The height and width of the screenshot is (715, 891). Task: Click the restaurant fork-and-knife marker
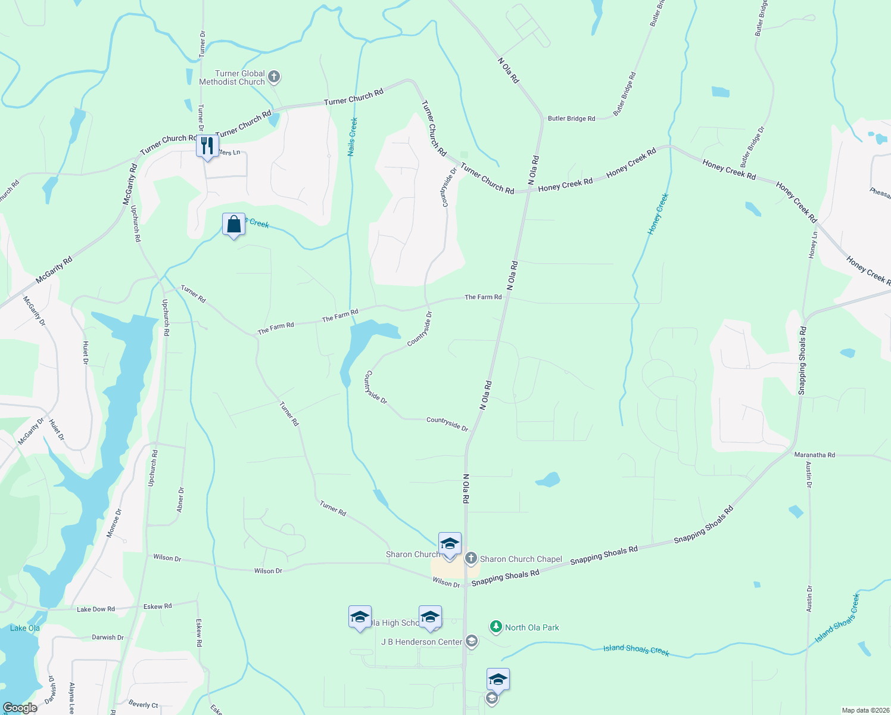pyautogui.click(x=207, y=146)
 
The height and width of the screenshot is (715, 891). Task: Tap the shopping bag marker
pyautogui.click(x=234, y=225)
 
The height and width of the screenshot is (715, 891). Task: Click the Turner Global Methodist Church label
pyautogui.click(x=232, y=77)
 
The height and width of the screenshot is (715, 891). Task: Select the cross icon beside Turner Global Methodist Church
pyautogui.click(x=274, y=76)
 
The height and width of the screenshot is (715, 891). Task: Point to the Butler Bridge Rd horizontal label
pyautogui.click(x=571, y=119)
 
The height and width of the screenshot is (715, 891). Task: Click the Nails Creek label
pyautogui.click(x=353, y=137)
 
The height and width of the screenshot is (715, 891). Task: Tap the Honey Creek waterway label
pyautogui.click(x=658, y=213)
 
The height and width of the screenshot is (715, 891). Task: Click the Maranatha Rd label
pyautogui.click(x=814, y=455)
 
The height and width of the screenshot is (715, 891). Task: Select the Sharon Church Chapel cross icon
pyautogui.click(x=471, y=558)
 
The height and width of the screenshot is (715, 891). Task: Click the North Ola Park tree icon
pyautogui.click(x=496, y=627)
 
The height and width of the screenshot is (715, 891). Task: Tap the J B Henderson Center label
pyautogui.click(x=422, y=642)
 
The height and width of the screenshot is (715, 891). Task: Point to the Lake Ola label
pyautogui.click(x=25, y=628)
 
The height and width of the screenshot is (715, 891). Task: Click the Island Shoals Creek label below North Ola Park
pyautogui.click(x=636, y=650)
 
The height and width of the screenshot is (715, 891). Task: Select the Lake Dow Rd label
pyautogui.click(x=95, y=609)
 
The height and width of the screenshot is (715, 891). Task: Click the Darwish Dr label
pyautogui.click(x=108, y=637)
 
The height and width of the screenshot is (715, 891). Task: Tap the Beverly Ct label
pyautogui.click(x=144, y=704)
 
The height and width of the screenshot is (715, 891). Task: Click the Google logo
pyautogui.click(x=20, y=708)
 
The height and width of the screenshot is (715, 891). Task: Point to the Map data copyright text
pyautogui.click(x=864, y=710)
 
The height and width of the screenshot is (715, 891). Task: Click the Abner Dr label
pyautogui.click(x=180, y=500)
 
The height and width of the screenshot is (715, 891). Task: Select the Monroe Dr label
pyautogui.click(x=114, y=523)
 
